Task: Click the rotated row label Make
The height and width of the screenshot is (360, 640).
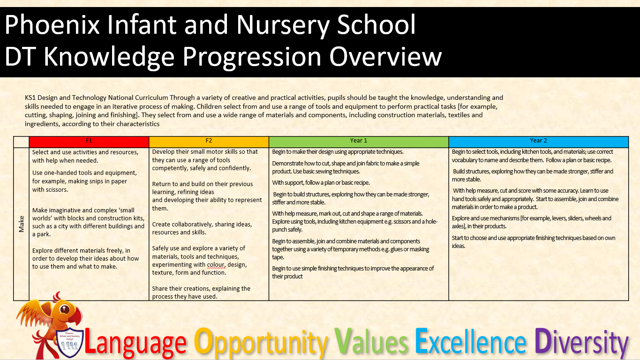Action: tap(22, 224)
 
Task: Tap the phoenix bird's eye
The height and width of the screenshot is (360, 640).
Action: tap(65, 309)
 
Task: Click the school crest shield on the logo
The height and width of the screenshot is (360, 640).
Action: tap(70, 342)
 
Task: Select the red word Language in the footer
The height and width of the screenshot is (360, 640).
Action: tap(135, 342)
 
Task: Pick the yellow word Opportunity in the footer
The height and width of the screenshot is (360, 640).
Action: tap(261, 342)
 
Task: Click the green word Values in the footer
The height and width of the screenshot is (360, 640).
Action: tap(371, 341)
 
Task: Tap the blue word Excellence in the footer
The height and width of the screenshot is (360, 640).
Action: tap(471, 341)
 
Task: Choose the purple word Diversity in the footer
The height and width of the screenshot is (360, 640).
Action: tap(581, 342)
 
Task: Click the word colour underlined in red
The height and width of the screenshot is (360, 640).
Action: tap(216, 265)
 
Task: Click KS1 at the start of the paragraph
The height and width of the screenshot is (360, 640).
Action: tap(30, 97)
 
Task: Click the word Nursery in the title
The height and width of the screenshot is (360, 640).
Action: tap(283, 25)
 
